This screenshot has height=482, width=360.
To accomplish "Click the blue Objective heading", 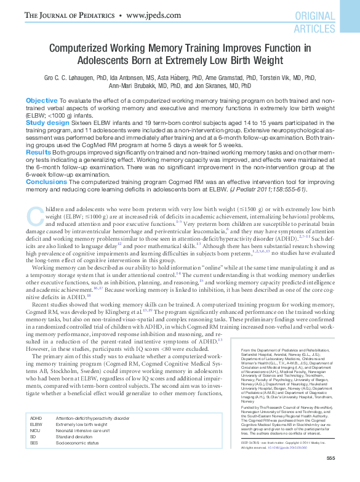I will (42, 100).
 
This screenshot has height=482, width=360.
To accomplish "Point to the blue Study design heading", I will (47, 123).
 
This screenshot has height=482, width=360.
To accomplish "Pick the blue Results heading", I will (38, 151).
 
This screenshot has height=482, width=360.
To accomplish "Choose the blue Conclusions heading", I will (46, 181).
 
